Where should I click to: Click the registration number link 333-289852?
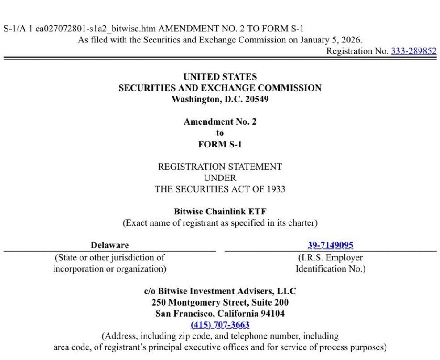tap(414, 51)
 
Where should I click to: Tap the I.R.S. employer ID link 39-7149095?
tap(331, 245)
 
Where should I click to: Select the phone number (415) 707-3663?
tap(220, 325)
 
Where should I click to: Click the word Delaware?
tap(109, 245)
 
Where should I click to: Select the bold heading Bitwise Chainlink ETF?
tap(220, 211)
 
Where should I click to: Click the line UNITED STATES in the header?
tap(220, 77)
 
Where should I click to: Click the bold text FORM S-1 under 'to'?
tap(220, 144)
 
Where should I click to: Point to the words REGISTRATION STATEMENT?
tap(220, 167)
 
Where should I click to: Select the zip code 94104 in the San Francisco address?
tap(269, 314)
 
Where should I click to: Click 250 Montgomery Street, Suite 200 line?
tap(220, 302)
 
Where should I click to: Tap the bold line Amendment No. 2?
tap(220, 121)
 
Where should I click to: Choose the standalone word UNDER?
tap(220, 178)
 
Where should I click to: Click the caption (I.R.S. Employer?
tap(331, 258)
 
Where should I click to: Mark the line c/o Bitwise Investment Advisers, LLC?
tap(220, 291)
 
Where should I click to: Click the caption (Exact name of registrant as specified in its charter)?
tap(220, 222)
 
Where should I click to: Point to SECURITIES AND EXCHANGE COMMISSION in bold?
tap(220, 88)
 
